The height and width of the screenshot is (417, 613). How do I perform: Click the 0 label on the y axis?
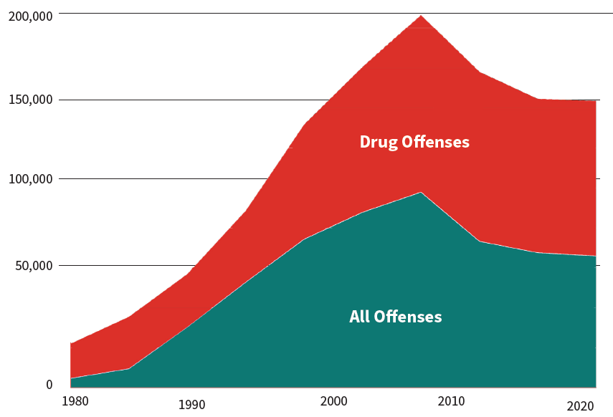click(x=49, y=385)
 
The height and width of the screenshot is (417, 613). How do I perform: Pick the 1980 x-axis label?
click(x=75, y=401)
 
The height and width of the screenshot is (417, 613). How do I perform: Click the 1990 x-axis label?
click(x=191, y=406)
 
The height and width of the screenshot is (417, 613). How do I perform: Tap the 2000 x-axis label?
click(x=335, y=401)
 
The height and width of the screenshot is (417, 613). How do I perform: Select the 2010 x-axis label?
click(x=452, y=401)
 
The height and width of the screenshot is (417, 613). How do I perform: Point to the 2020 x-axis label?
click(x=580, y=406)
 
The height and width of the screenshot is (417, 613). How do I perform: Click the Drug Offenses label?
click(x=414, y=142)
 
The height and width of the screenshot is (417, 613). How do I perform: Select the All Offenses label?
click(x=395, y=317)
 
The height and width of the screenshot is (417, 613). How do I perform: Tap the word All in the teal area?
click(x=358, y=317)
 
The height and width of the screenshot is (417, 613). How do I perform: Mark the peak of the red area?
click(x=421, y=15)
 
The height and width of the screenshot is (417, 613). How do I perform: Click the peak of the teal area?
click(x=421, y=192)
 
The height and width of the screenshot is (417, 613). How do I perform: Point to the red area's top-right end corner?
click(x=596, y=101)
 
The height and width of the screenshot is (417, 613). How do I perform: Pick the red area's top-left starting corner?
click(x=70, y=343)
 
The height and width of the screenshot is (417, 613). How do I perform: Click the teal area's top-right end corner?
click(x=596, y=256)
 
